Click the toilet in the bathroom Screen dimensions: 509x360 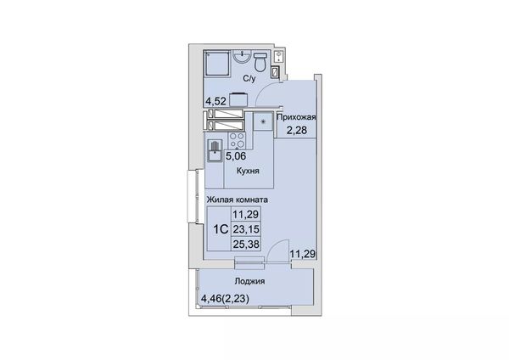coord(260,62)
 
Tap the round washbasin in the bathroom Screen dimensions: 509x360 coord(242,57)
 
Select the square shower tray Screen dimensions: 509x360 coord(217,64)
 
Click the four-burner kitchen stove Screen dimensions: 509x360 coord(237,141)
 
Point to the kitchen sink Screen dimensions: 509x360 coord(215,151)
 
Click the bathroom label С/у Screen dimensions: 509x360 coord(249,79)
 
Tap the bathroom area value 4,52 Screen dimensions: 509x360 coord(215,101)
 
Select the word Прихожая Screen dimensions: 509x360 coord(296,117)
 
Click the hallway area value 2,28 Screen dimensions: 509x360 coord(296,130)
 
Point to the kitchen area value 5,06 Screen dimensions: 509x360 coord(236,156)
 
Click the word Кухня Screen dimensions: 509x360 coord(248,171)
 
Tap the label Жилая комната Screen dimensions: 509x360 coord(238,200)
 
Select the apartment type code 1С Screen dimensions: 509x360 coord(220,229)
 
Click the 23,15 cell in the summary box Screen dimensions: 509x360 coord(246,229)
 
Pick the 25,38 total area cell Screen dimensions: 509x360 coord(246,244)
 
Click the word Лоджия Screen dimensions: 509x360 coord(249,281)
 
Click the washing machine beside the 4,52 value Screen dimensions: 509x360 coord(238,99)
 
